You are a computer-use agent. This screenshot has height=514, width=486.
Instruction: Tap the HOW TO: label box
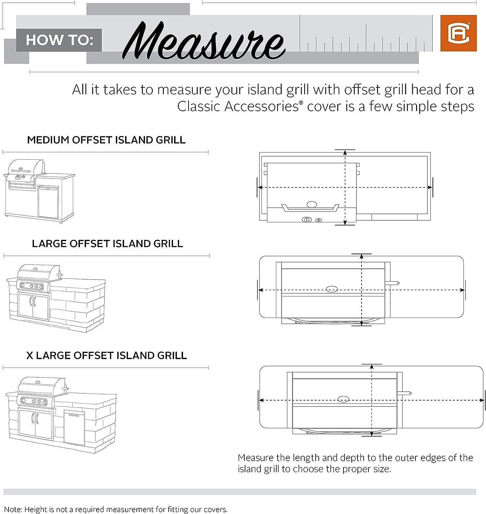[x=59, y=40]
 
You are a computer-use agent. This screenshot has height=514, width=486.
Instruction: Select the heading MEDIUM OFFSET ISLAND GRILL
[x=106, y=140]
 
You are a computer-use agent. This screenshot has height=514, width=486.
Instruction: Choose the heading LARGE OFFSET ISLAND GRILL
[x=107, y=244]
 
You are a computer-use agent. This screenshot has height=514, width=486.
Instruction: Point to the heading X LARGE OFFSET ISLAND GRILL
[x=107, y=355]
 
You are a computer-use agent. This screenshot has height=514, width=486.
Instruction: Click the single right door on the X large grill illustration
[x=74, y=428]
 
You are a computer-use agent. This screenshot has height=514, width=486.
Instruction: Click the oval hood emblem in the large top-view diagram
[x=331, y=289]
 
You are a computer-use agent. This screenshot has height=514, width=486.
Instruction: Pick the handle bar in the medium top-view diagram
[x=310, y=209]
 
